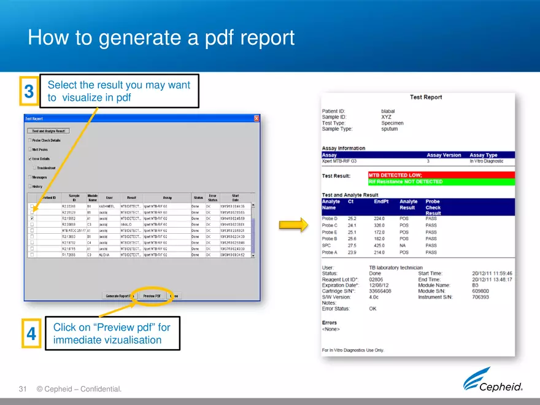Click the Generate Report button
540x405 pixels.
coord(119,296)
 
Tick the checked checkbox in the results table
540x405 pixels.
coord(32,218)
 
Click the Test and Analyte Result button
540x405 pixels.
coord(48,131)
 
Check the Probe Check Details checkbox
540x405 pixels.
coord(29,140)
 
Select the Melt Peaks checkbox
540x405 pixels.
coord(29,149)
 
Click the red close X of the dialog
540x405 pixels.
coord(256,118)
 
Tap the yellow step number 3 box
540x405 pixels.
coord(29,93)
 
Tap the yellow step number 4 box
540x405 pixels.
coord(31,334)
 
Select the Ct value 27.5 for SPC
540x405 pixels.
coord(352,245)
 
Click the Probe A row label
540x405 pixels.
coord(330,252)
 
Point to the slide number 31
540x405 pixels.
coord(24,389)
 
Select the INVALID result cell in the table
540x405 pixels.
coord(127,225)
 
